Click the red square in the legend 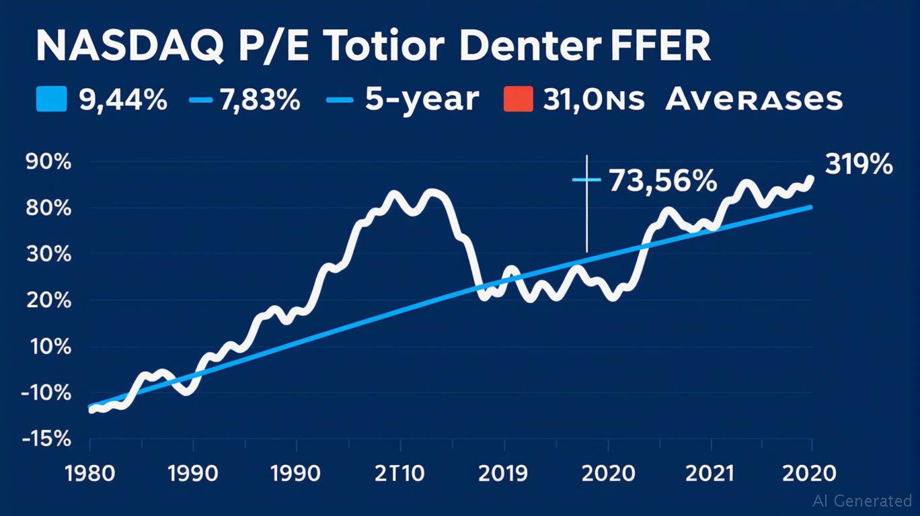point(518,100)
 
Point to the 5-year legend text point(422,100)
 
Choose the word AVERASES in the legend point(754,100)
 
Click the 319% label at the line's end point(859,165)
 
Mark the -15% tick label point(46,439)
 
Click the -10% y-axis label point(46,393)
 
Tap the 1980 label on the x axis point(89,474)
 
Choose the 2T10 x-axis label point(400,474)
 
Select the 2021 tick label point(711,474)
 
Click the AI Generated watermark point(862,501)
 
